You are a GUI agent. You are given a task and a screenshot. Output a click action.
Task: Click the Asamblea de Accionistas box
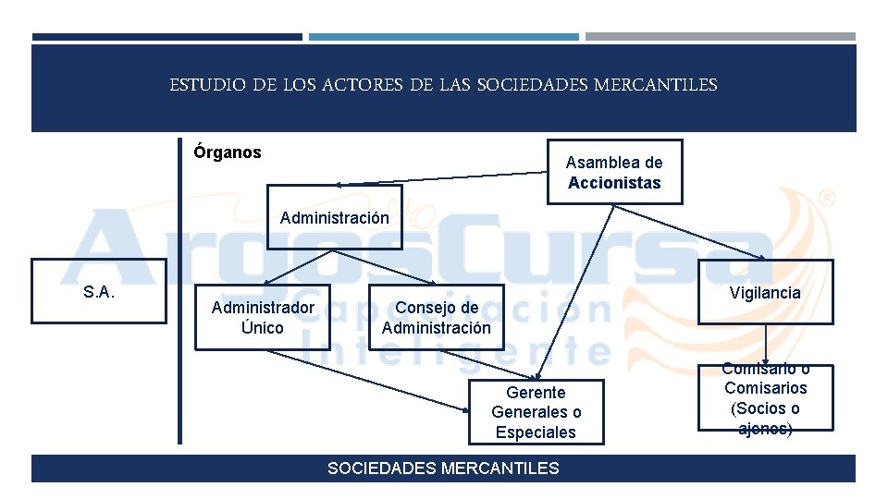point(614,172)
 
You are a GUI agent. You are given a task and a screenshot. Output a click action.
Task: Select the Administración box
point(335,218)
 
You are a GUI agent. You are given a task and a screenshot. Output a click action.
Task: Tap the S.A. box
point(99,292)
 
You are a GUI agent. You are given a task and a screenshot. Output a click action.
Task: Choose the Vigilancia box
point(765,292)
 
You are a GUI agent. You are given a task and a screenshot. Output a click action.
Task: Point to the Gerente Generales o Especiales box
point(536,412)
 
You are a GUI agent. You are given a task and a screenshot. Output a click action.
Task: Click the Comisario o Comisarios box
point(765,398)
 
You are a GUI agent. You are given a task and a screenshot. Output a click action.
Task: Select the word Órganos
point(228,152)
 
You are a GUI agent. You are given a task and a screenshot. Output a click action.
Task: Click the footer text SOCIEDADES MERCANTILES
point(443,469)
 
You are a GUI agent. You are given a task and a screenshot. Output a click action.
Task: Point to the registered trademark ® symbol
point(828,198)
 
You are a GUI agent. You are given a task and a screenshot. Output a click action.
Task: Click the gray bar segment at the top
point(720,37)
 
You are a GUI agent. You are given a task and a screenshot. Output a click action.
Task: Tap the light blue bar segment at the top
point(443,37)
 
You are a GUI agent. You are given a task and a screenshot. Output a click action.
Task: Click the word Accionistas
point(614,183)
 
